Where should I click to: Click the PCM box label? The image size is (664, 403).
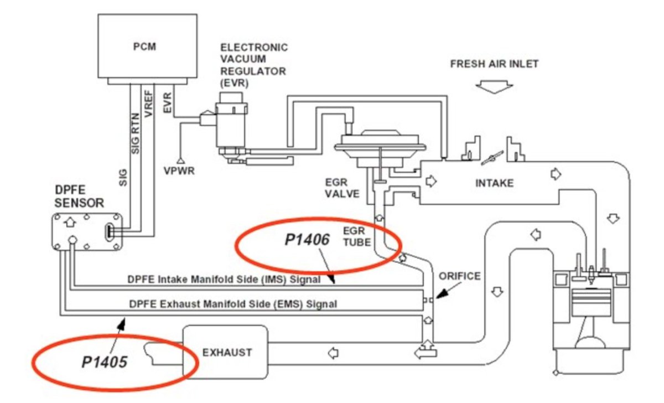[144, 46]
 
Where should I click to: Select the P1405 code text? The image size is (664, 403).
[105, 362]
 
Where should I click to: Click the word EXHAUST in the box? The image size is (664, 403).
[227, 352]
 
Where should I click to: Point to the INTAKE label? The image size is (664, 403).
[495, 183]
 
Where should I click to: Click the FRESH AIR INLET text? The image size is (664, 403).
[494, 64]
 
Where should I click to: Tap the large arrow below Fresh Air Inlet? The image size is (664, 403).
[495, 86]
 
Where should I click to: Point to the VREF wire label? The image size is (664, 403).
[148, 103]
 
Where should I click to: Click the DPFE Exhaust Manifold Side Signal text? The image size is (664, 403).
[232, 303]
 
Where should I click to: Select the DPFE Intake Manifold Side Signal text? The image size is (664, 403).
[224, 280]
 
